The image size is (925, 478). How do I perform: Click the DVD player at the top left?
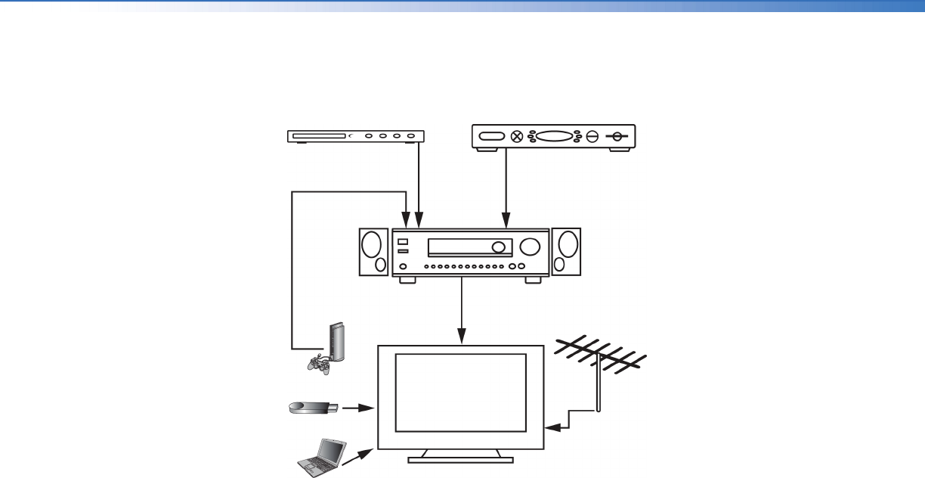355,136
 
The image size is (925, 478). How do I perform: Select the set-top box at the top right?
554,137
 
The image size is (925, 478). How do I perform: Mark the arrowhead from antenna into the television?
551,427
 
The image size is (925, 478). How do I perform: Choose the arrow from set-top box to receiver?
506,189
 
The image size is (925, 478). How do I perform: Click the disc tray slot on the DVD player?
318,137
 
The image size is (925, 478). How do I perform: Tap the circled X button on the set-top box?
518,137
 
